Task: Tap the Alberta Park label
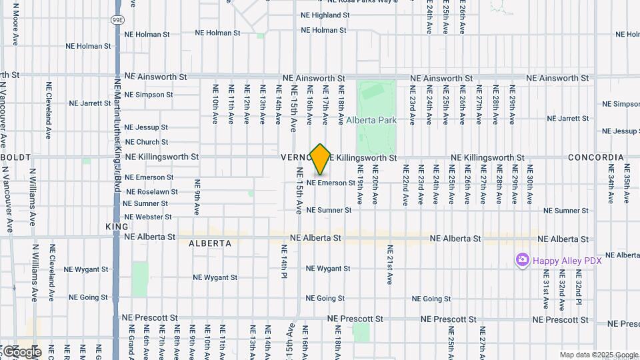click(371, 121)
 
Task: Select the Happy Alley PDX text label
click(567, 261)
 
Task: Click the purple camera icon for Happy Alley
click(522, 260)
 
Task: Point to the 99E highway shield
click(117, 21)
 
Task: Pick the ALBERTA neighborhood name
click(210, 243)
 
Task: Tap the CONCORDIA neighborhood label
click(595, 158)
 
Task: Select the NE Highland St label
click(330, 15)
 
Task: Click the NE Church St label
click(147, 142)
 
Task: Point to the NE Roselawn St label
click(152, 191)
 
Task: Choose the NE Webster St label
click(148, 217)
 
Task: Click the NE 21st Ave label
click(390, 263)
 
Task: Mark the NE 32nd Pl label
click(578, 288)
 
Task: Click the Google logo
click(21, 351)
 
